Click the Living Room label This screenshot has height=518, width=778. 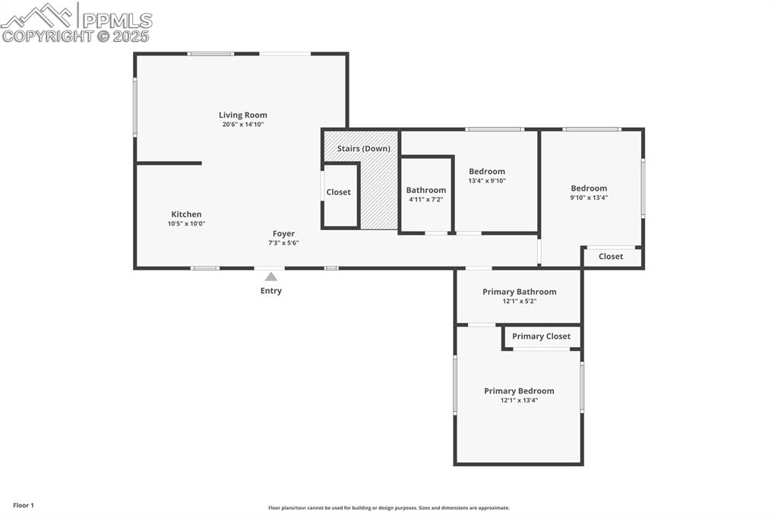243,115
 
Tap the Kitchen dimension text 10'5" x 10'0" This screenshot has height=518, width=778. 186,224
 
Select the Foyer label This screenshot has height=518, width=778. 283,234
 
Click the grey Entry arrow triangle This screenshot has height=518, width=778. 270,277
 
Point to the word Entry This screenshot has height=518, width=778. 271,291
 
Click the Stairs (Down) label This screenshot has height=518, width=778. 363,149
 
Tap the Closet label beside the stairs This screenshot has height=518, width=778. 339,192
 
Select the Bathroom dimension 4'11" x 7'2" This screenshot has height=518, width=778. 425,200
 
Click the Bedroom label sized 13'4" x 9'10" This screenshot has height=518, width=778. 486,172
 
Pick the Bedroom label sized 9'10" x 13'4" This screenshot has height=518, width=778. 589,188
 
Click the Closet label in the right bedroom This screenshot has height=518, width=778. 611,257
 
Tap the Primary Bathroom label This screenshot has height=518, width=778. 519,292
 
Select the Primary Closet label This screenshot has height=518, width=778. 541,336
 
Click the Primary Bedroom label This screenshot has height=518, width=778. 519,391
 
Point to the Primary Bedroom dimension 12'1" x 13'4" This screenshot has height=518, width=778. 519,400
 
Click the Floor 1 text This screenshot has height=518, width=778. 24,505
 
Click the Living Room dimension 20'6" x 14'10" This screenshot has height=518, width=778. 243,125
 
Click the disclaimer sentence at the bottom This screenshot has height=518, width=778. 388,508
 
